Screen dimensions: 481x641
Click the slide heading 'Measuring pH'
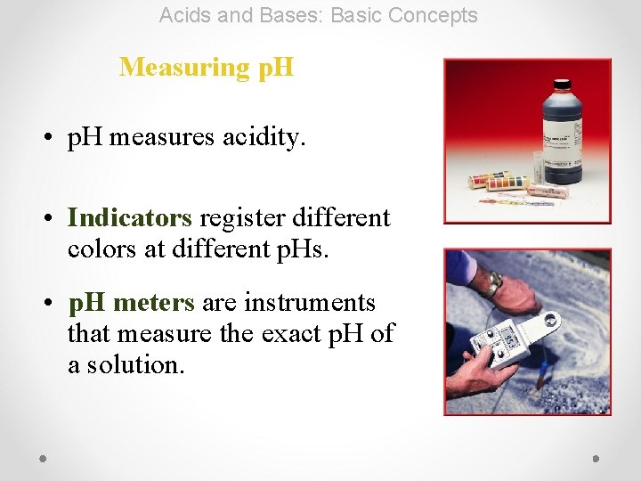(206, 67)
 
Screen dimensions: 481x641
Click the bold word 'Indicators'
(129, 218)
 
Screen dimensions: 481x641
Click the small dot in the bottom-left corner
(43, 458)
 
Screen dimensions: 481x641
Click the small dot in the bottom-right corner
(596, 458)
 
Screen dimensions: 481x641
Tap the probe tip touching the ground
(538, 384)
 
